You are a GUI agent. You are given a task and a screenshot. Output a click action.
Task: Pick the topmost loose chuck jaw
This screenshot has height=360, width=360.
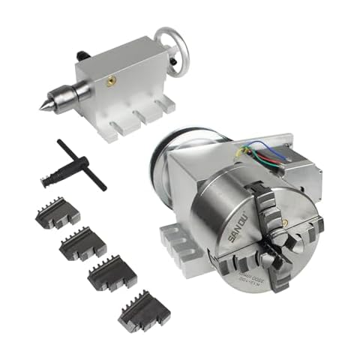click(57, 213)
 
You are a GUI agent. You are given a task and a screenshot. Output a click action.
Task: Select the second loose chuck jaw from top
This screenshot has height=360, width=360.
click(82, 244)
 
